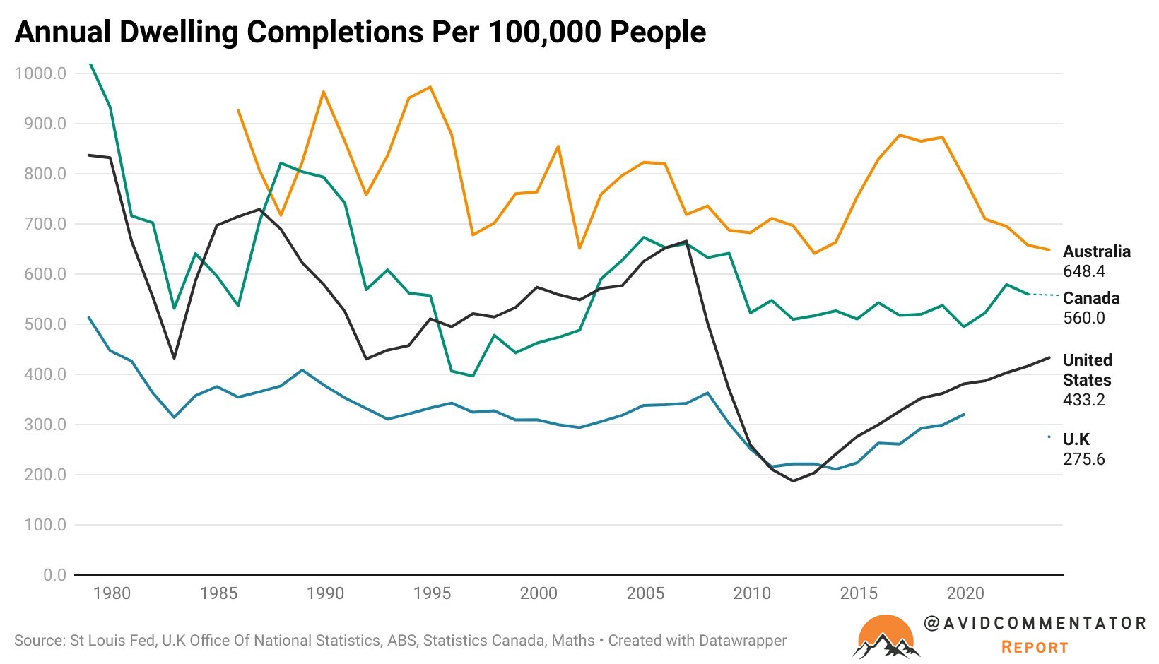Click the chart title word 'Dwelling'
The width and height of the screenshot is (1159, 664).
178,32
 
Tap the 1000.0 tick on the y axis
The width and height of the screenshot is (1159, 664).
40,73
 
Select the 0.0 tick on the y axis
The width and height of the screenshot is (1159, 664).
54,575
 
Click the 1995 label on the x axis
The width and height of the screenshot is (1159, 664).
432,593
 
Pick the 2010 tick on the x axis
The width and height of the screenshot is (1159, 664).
752,593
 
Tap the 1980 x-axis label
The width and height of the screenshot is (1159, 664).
112,593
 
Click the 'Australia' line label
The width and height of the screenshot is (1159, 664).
1096,251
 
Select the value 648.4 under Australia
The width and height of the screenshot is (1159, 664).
1083,271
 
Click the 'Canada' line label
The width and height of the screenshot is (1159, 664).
1090,298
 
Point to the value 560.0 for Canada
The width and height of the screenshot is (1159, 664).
1083,318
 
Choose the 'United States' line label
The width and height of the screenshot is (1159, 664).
1087,370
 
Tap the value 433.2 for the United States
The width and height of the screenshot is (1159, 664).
1083,400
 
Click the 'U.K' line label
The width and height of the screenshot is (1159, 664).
1076,439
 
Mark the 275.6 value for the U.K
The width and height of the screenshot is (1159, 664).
1083,459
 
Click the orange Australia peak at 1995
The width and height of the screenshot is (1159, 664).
430,87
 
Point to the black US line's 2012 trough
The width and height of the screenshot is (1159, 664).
793,481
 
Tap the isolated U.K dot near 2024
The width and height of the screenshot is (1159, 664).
1049,437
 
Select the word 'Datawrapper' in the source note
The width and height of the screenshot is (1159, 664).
743,641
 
